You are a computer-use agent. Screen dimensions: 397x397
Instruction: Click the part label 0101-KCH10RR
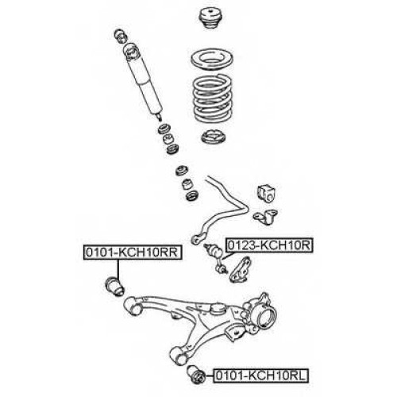tap(133, 252)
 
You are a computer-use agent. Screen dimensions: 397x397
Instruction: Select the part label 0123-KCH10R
tap(269, 245)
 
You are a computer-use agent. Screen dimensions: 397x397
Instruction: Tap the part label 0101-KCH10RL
tap(261, 376)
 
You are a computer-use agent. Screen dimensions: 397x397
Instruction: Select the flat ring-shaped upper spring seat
tap(212, 60)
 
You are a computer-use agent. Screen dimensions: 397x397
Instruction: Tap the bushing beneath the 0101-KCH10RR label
tap(115, 287)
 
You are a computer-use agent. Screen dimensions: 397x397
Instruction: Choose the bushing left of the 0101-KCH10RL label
tap(196, 374)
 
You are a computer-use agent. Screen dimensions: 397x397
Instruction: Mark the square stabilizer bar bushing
tap(266, 192)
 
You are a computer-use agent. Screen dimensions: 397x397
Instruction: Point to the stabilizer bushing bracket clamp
tap(266, 217)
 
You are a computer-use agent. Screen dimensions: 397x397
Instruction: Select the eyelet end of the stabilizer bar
tap(195, 240)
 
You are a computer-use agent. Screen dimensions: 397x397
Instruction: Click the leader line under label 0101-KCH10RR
tap(118, 269)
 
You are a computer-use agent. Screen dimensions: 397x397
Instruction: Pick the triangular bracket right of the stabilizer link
tap(241, 269)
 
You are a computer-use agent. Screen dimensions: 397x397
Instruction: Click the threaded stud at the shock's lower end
tap(159, 118)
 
